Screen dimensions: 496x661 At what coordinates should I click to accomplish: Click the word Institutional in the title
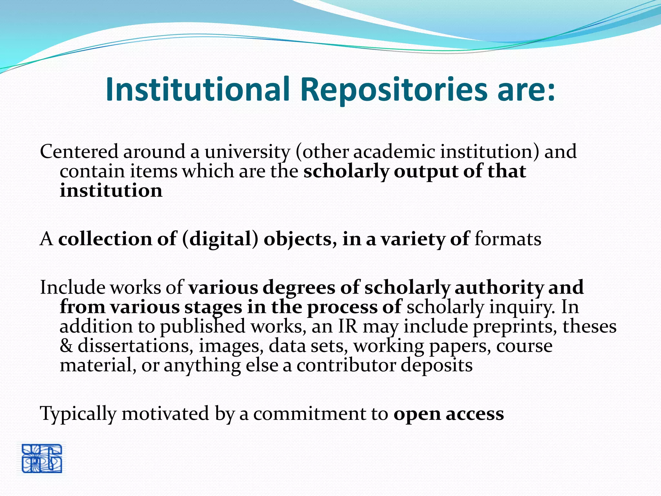(197, 89)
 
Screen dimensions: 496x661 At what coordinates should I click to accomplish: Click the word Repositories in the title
(393, 89)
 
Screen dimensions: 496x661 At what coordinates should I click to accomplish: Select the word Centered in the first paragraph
(79, 151)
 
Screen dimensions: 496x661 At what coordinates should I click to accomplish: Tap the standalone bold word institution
(111, 190)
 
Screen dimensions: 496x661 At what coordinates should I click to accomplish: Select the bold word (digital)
(220, 239)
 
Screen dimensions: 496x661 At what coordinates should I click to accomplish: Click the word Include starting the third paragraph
(72, 287)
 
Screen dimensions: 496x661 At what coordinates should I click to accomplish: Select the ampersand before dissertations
(66, 346)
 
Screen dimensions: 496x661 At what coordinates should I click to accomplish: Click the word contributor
(346, 365)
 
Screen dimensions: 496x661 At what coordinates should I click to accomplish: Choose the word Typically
(78, 413)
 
